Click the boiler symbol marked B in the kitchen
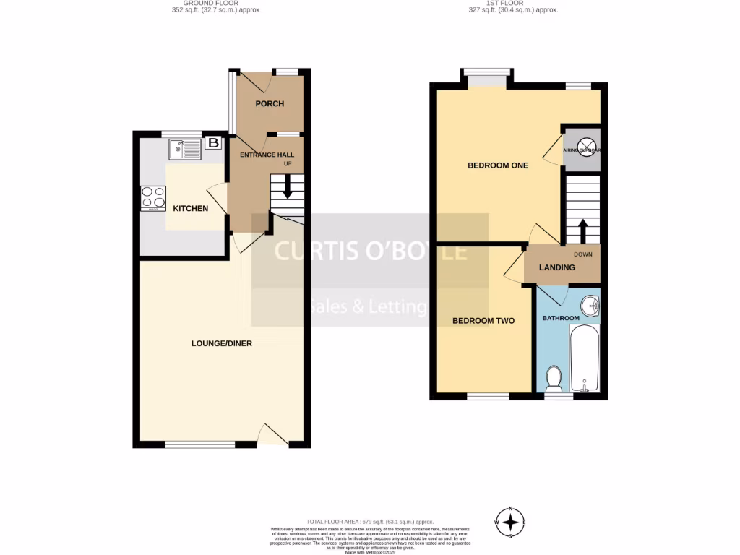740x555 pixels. pyautogui.click(x=213, y=143)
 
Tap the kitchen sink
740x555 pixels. pyautogui.click(x=185, y=150)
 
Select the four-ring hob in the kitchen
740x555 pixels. pyautogui.click(x=153, y=197)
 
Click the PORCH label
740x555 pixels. pyautogui.click(x=270, y=104)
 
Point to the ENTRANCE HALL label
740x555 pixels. pyautogui.click(x=267, y=155)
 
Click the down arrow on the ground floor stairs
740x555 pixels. pyautogui.click(x=288, y=189)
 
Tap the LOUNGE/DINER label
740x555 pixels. pyautogui.click(x=222, y=343)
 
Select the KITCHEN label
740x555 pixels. pyautogui.click(x=191, y=209)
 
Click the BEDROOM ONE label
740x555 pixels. pyautogui.click(x=498, y=165)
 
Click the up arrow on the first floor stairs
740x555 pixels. pyautogui.click(x=582, y=230)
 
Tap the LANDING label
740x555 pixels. pyautogui.click(x=557, y=267)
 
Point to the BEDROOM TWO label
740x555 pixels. pyautogui.click(x=483, y=320)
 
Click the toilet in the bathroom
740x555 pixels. pyautogui.click(x=555, y=377)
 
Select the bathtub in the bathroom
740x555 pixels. pyautogui.click(x=585, y=358)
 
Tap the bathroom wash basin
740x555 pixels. pyautogui.click(x=592, y=306)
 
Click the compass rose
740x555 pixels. pyautogui.click(x=511, y=522)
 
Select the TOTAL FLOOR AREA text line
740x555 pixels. pyautogui.click(x=369, y=521)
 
